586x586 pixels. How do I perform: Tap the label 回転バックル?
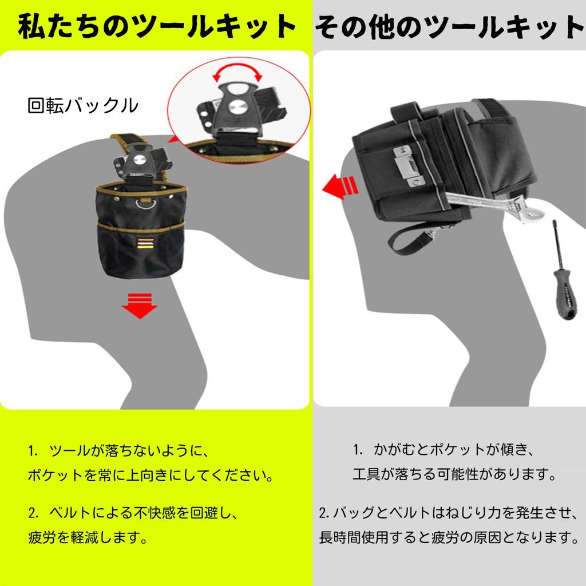83,105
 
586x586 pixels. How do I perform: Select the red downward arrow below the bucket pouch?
140,306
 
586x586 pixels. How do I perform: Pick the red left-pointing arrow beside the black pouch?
340,187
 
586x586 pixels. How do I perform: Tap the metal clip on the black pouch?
408,167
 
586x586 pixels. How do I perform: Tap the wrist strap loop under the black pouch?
411,239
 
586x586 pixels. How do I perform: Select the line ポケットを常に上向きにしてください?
151,475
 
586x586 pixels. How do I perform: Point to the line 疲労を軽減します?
88,537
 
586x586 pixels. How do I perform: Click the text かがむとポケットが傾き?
453,450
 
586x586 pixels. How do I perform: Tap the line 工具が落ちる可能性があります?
454,474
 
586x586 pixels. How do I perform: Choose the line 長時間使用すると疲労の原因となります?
449,537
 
